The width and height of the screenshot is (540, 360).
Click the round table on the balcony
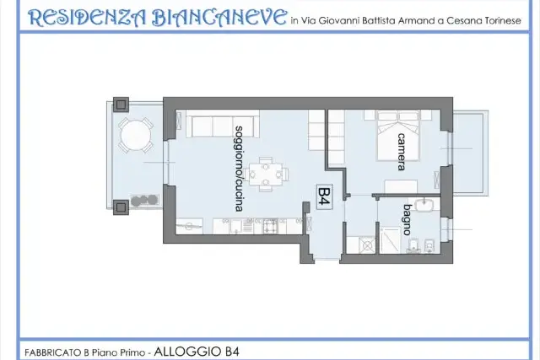(x=136, y=134)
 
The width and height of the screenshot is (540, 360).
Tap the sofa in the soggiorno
(x=223, y=124)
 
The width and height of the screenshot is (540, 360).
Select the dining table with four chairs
(x=266, y=175)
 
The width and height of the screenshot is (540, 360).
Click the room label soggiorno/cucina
(x=239, y=169)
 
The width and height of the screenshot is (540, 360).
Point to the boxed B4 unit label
(x=324, y=197)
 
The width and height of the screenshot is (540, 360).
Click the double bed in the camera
(x=399, y=136)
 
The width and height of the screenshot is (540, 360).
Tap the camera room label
(x=402, y=152)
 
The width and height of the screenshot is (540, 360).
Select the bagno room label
(x=408, y=219)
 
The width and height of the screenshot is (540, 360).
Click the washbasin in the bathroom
(x=425, y=205)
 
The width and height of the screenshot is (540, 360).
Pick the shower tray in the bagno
(x=390, y=240)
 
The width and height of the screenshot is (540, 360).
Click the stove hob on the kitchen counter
(x=270, y=226)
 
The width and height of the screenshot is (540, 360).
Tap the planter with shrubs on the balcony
(x=145, y=201)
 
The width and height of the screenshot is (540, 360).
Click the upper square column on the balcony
(x=121, y=105)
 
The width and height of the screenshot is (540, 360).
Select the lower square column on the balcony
(x=121, y=207)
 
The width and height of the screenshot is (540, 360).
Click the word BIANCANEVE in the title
(x=219, y=18)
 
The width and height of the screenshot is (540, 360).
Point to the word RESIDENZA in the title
(x=88, y=18)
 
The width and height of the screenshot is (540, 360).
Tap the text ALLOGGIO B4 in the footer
(x=197, y=352)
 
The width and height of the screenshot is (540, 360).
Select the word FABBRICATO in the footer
(x=53, y=352)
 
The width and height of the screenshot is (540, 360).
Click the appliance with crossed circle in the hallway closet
(x=367, y=245)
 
